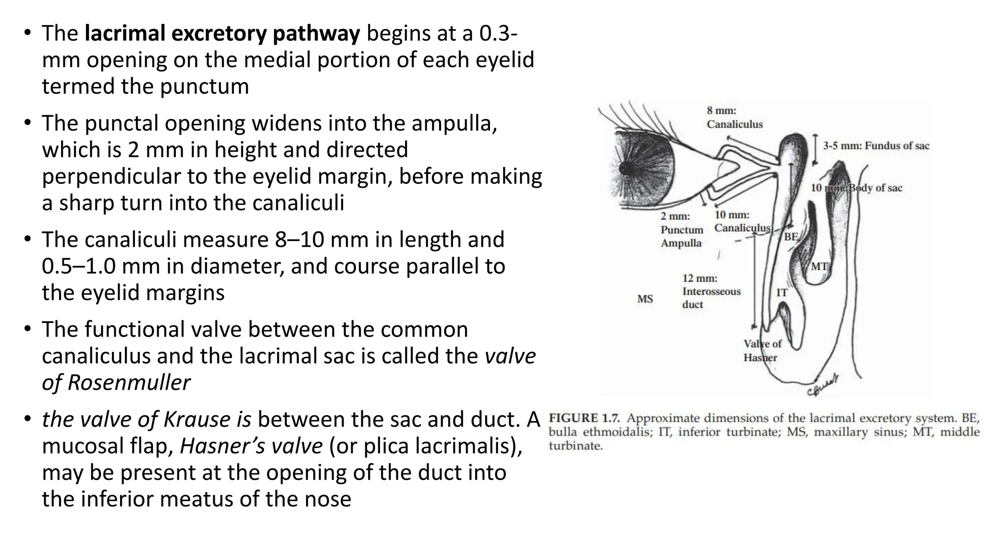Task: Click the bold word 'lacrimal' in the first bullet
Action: (x=124, y=33)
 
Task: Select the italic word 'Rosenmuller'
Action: (x=129, y=383)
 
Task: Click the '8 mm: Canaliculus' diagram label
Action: (x=734, y=118)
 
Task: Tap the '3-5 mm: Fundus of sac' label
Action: (x=876, y=146)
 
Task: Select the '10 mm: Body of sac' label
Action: (x=856, y=188)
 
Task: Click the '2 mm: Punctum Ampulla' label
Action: (x=681, y=230)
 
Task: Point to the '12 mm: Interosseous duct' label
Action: (x=711, y=291)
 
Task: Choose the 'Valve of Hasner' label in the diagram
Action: (x=762, y=350)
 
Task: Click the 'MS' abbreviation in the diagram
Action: (x=645, y=299)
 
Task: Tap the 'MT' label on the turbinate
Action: (x=819, y=266)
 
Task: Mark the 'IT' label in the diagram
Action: (x=782, y=292)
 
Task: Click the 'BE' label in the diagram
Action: (x=791, y=237)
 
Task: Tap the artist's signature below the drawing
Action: (x=823, y=385)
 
